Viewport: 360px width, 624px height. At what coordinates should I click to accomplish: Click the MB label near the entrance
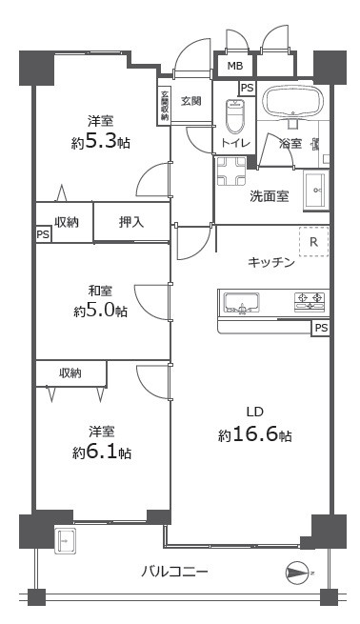coord(234,67)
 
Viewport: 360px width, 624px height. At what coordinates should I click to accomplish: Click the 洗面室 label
coord(270,196)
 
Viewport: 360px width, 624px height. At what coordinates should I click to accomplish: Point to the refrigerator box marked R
coord(313,243)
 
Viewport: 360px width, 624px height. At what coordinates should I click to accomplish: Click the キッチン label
coord(271,262)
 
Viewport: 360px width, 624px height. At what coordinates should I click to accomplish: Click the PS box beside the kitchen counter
coord(322,329)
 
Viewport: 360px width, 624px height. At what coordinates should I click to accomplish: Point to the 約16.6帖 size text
coord(254,434)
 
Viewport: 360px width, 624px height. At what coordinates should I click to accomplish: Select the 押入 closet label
coord(131,222)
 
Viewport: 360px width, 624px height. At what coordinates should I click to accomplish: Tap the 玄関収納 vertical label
coord(164,105)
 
